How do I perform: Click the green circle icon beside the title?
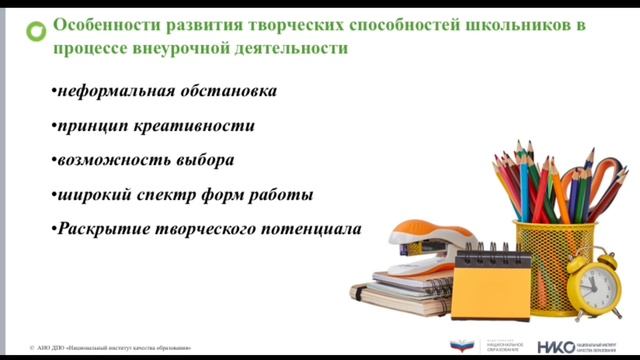pyautogui.click(x=35, y=29)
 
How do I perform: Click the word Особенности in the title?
pyautogui.click(x=100, y=25)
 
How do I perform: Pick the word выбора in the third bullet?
pyautogui.click(x=202, y=160)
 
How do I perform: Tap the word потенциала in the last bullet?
pyautogui.click(x=315, y=228)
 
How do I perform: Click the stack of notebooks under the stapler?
pyautogui.click(x=400, y=290)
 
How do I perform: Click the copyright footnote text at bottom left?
pyautogui.click(x=110, y=348)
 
